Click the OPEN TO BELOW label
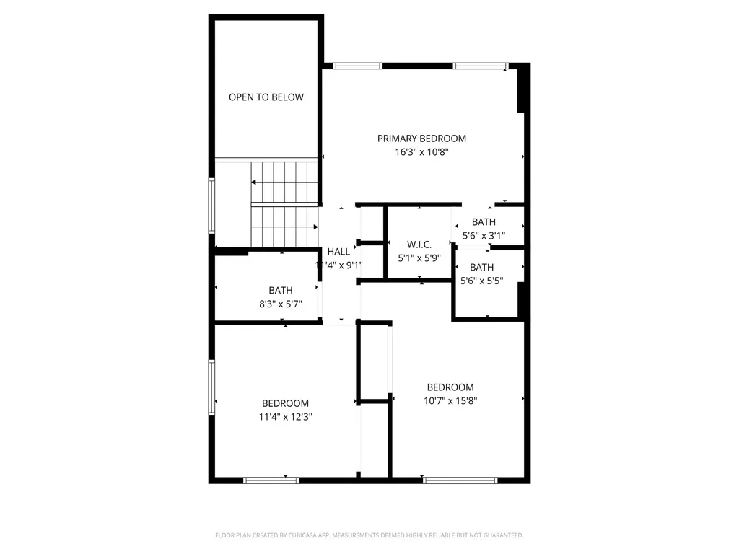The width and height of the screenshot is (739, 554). click(266, 97)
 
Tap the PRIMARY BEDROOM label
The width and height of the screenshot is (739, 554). click(422, 138)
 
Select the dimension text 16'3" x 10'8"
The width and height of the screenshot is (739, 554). click(422, 152)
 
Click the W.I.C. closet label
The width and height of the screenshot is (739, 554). click(419, 245)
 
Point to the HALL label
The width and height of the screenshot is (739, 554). click(338, 252)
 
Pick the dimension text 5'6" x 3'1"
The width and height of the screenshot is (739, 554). click(484, 235)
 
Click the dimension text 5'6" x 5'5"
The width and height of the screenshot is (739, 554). click(482, 281)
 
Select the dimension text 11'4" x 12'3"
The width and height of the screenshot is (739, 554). click(285, 416)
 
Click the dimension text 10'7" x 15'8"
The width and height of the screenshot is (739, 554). click(450, 400)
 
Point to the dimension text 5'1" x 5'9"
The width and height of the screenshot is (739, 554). click(419, 257)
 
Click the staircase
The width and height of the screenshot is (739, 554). click(284, 203)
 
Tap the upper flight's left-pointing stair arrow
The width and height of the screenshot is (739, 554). click(255, 183)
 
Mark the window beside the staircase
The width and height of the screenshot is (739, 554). click(212, 206)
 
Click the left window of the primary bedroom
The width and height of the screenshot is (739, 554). click(358, 66)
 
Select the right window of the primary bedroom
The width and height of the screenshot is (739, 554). click(481, 66)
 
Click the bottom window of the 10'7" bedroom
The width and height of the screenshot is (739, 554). click(460, 479)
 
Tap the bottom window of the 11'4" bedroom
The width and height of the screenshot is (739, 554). click(271, 479)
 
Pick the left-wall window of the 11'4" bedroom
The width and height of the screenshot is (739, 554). click(212, 387)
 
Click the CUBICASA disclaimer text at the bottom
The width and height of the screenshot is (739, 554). click(369, 535)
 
